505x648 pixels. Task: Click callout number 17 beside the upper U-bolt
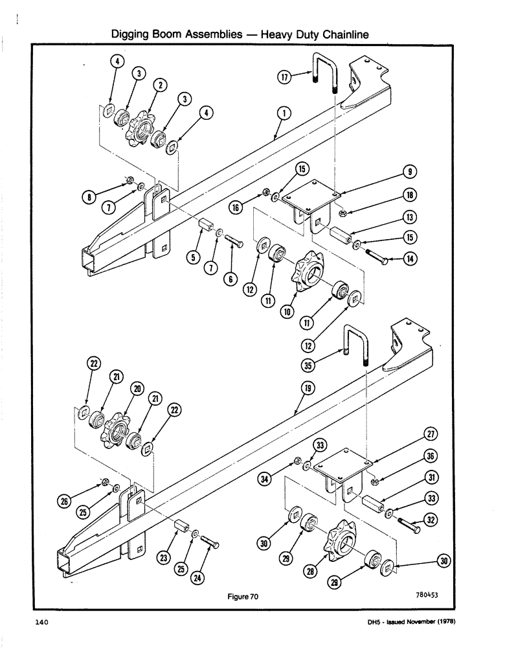(284, 76)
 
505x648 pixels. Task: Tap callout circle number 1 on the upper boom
(282, 113)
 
